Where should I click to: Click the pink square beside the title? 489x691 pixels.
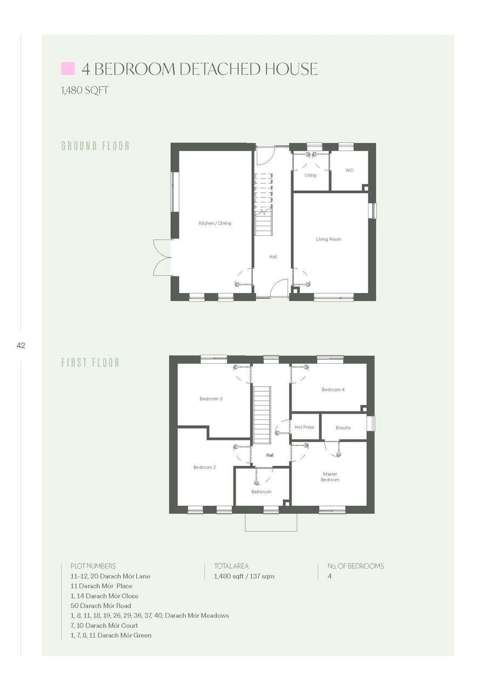coord(68,69)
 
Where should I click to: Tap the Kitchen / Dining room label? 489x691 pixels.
coord(215,223)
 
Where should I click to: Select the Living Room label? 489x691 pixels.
coord(329,239)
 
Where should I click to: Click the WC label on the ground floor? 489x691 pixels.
coord(349,170)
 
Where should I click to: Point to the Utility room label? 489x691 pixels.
coord(311,175)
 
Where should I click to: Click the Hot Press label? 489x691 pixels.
coord(304,427)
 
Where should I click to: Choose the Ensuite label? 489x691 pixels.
coord(343,428)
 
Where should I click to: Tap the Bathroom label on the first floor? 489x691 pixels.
coord(261,492)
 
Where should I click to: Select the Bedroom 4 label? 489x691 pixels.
coord(333,390)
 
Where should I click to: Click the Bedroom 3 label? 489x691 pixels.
coord(211,398)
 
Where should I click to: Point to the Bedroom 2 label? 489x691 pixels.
coord(205,467)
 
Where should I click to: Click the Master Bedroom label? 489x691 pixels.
coord(330,477)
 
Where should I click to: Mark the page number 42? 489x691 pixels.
coord(21,345)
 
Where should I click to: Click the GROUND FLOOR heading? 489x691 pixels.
coord(96,146)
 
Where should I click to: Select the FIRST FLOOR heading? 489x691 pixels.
coord(90,363)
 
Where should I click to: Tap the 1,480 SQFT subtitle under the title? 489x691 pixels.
coord(85,90)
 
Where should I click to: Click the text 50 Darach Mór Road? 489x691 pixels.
coord(101,606)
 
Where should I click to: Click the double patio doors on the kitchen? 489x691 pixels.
coord(162,258)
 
